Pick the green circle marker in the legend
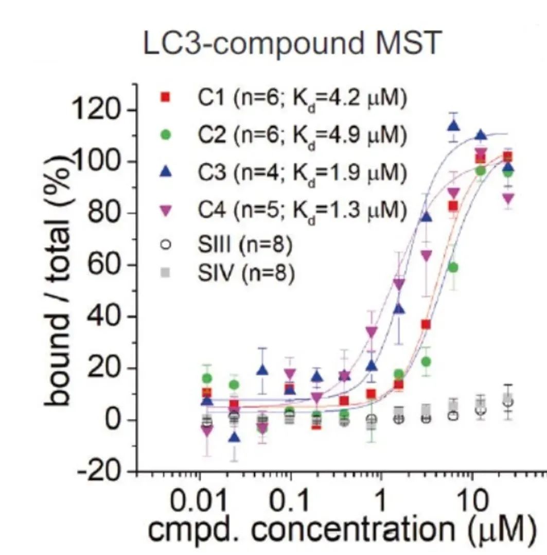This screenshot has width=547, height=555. (x=166, y=135)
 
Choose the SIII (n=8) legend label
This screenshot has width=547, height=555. (x=244, y=246)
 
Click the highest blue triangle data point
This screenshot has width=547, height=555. (x=453, y=125)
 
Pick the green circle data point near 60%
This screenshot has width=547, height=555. (x=453, y=267)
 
